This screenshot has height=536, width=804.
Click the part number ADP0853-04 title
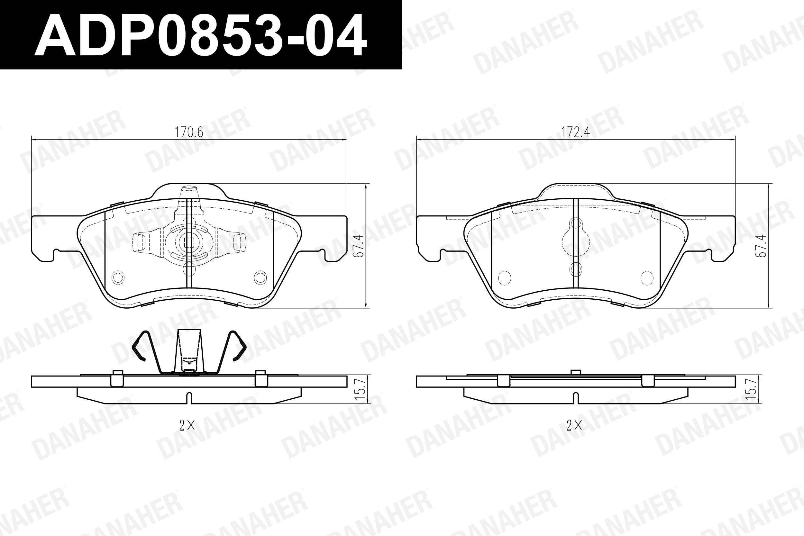[201, 34]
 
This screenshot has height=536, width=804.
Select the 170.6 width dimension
[189, 132]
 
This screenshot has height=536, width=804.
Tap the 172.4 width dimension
[576, 132]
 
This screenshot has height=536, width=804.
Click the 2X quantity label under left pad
[187, 426]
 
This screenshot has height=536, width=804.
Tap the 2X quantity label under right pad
[574, 426]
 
